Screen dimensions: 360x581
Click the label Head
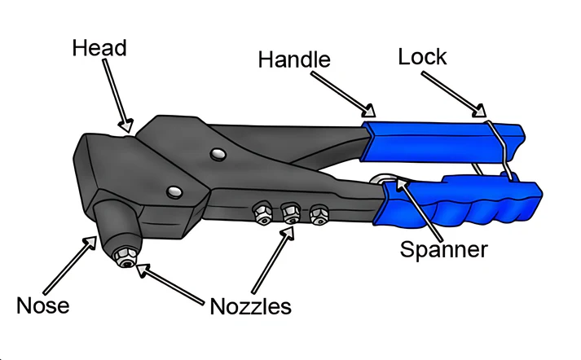point(99,47)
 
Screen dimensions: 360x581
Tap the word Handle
point(294,59)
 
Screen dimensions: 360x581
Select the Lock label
point(422,57)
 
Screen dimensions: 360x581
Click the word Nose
point(43,305)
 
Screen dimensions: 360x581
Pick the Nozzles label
point(250,306)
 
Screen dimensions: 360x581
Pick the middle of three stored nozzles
point(290,214)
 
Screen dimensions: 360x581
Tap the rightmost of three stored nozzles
point(318,215)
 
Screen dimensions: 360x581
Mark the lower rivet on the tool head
point(173,192)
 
